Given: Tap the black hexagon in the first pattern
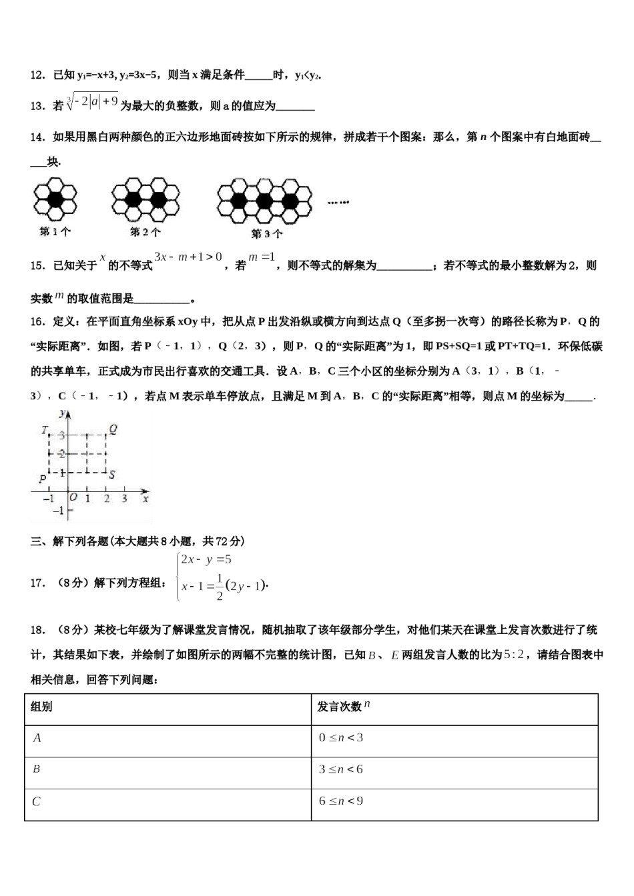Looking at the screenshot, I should pyautogui.click(x=55, y=198).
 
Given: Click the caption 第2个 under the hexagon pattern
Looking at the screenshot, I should pyautogui.click(x=145, y=232).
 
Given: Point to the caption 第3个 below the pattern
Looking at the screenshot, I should pyautogui.click(x=266, y=234).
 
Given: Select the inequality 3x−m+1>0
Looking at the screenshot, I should pyautogui.click(x=188, y=257).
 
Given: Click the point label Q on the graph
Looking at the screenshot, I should pyautogui.click(x=113, y=430).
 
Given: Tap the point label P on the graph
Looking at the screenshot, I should pyautogui.click(x=42, y=478).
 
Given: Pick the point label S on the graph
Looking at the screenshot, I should pyautogui.click(x=112, y=475).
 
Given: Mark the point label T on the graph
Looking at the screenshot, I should pyautogui.click(x=44, y=430).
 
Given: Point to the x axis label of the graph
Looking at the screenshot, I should pyautogui.click(x=145, y=498).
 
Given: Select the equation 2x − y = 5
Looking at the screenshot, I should pyautogui.click(x=206, y=560).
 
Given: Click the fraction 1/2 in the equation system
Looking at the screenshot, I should pyautogui.click(x=220, y=587).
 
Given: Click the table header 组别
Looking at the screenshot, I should pyautogui.click(x=41, y=707).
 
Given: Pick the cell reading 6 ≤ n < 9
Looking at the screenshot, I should pyautogui.click(x=340, y=801).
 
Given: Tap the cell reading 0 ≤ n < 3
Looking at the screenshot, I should pyautogui.click(x=340, y=737).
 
